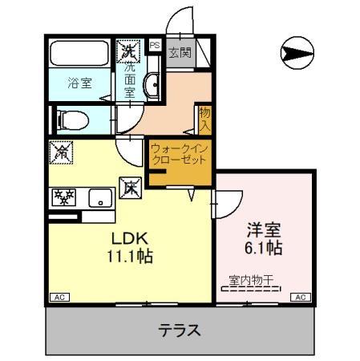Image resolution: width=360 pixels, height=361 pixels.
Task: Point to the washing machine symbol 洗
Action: pos(129,51)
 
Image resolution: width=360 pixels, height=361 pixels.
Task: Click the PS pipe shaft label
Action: pos(154,47)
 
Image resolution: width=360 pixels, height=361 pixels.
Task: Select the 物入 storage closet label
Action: pos(204,120)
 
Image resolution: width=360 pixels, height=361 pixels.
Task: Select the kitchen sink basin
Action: pos(101,197)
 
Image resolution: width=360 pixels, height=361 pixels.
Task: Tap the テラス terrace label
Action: pos(178,329)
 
